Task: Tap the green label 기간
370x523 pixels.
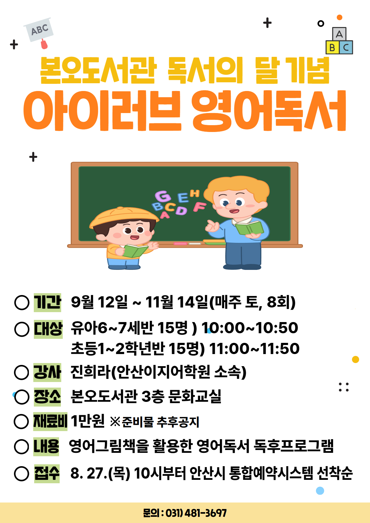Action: coord(48,302)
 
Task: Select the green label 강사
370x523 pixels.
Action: coord(47,372)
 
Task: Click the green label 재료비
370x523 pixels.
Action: coord(50,421)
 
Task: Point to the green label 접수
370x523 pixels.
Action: coord(47,474)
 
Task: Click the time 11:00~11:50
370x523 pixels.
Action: coord(254,348)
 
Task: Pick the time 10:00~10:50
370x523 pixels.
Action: coord(250,328)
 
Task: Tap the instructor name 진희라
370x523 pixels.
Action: coord(90,372)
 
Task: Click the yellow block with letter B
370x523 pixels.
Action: coord(332,48)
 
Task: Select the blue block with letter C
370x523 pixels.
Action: coord(346,48)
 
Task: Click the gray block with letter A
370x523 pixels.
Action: coord(339,34)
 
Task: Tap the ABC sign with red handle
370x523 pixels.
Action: coord(39,32)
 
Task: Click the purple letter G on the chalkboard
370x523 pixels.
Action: coord(163,196)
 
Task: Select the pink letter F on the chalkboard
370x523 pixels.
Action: coord(199,207)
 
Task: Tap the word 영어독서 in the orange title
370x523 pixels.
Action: coord(269,111)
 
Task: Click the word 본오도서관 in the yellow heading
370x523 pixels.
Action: coord(98,70)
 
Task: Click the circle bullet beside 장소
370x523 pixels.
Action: coord(22,397)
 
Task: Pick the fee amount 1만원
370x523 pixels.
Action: coord(88,421)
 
